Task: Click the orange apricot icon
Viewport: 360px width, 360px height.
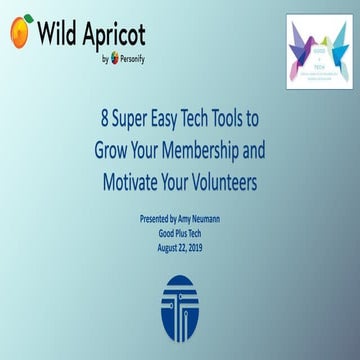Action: (x=20, y=32)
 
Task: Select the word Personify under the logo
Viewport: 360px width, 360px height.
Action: (x=134, y=58)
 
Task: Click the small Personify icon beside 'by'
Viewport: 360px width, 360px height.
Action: (x=115, y=58)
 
